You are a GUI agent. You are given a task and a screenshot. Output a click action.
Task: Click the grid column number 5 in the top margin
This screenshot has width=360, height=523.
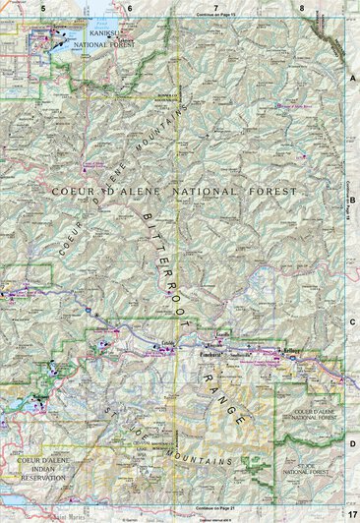43,7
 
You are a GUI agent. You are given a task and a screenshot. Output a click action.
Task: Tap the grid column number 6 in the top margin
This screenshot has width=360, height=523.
130,7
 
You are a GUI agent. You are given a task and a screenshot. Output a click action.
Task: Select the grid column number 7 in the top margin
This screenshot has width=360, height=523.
216,7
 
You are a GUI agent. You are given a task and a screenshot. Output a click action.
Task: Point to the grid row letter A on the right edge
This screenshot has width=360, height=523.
352,76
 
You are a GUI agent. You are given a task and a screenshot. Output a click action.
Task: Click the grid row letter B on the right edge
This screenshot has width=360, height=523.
352,197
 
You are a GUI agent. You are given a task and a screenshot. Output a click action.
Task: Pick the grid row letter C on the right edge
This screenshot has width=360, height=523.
352,320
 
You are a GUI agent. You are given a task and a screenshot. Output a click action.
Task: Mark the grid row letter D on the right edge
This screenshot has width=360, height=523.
352,443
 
